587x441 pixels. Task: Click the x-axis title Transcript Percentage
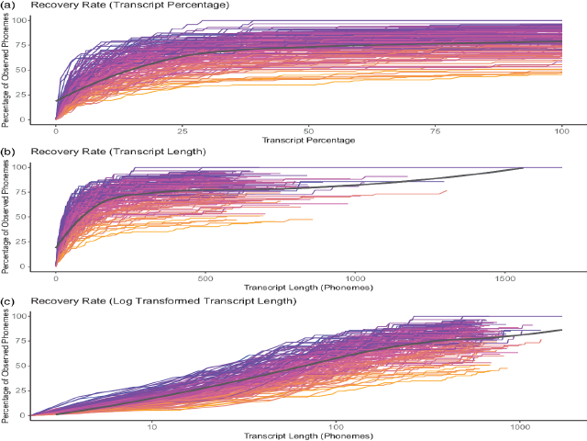pyautogui.click(x=309, y=140)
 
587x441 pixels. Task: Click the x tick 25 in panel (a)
pyautogui.click(x=183, y=130)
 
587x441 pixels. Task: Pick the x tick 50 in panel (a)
pyautogui.click(x=309, y=130)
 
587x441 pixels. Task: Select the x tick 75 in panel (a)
pyautogui.click(x=436, y=130)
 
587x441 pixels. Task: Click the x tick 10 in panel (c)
pyautogui.click(x=152, y=425)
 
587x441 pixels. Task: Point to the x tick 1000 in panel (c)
pyautogui.click(x=521, y=425)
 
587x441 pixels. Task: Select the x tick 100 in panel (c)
pyautogui.click(x=337, y=425)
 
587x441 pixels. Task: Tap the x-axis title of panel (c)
pyautogui.click(x=309, y=435)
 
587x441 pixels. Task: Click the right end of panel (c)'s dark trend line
pyautogui.click(x=561, y=330)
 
